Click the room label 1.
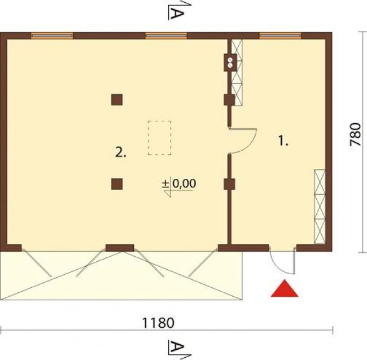(283, 141)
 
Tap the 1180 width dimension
(158, 323)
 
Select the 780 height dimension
(355, 134)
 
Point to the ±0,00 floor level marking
(179, 183)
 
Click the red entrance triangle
(285, 288)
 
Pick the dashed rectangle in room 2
(159, 138)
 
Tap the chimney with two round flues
(230, 63)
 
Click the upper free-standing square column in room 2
(117, 100)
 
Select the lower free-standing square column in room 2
(117, 184)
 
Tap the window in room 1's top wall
(280, 36)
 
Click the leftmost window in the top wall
(52, 36)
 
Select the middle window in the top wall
(166, 36)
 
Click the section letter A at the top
(177, 14)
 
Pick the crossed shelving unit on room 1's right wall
(320, 207)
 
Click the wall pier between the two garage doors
(120, 248)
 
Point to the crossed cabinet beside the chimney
(237, 73)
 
